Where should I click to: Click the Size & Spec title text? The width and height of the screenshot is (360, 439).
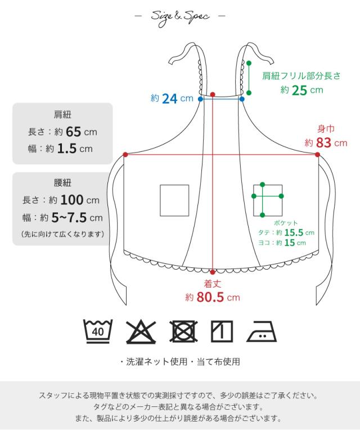click(x=179, y=17)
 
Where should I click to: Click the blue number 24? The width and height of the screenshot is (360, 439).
click(x=170, y=99)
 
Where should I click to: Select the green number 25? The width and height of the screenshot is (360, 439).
click(x=299, y=90)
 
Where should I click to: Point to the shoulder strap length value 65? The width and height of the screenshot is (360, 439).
click(x=73, y=132)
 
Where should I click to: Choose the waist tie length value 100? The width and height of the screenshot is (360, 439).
click(x=71, y=200)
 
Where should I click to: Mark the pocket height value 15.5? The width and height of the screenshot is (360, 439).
click(x=293, y=232)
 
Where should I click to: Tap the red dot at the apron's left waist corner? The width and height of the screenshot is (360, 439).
click(x=125, y=154)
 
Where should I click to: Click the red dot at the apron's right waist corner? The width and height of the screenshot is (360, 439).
click(x=318, y=154)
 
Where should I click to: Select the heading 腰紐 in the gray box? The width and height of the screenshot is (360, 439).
click(x=62, y=183)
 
